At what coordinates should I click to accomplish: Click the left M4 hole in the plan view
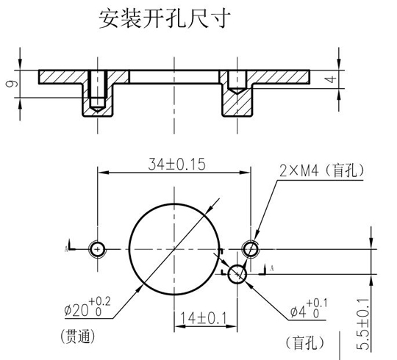pos(97,249)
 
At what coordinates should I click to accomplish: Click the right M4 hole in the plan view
pos(251,249)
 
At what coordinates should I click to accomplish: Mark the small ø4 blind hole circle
pos(237,273)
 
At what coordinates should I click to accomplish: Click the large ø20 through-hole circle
pos(174,249)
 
